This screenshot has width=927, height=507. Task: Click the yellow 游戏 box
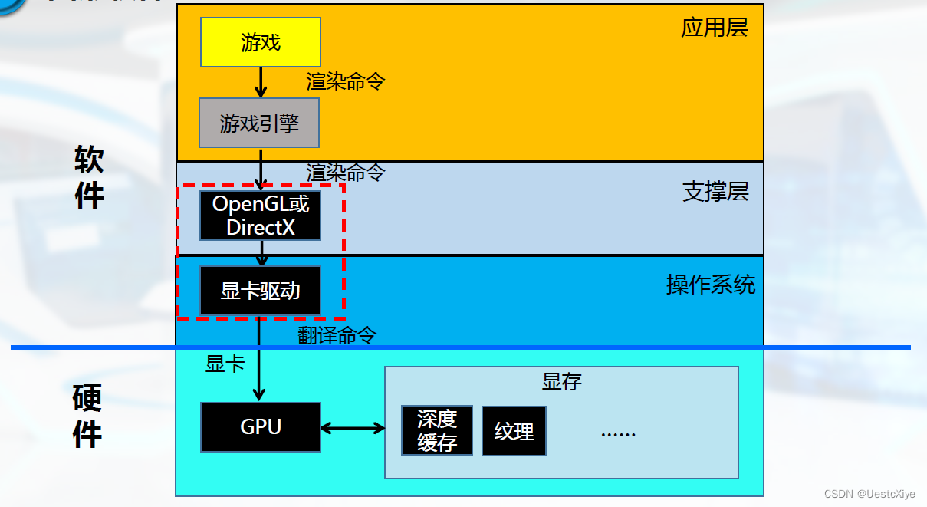[x=261, y=42]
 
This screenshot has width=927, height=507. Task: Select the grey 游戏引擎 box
[x=259, y=123]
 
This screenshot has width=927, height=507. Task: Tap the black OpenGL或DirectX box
[x=261, y=216]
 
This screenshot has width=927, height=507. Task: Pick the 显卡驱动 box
[x=261, y=291]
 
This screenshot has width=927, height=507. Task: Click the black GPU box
[x=261, y=426]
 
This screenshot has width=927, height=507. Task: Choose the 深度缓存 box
[x=437, y=430]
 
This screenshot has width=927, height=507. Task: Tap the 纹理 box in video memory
[x=514, y=432]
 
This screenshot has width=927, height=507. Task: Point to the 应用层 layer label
[x=714, y=28]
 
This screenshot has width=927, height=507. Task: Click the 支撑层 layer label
[x=715, y=191]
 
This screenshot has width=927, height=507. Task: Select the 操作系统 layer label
[x=711, y=285]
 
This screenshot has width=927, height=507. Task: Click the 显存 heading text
[x=561, y=381]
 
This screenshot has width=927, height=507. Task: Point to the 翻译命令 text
[x=337, y=335]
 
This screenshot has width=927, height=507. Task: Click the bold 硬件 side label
[x=87, y=416]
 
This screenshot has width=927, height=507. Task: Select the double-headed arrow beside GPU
[x=353, y=428]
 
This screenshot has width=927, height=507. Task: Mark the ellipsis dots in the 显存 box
[x=618, y=433]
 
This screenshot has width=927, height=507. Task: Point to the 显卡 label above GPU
[x=225, y=364]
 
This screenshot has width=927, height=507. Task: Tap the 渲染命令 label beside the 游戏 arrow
[x=345, y=81]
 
